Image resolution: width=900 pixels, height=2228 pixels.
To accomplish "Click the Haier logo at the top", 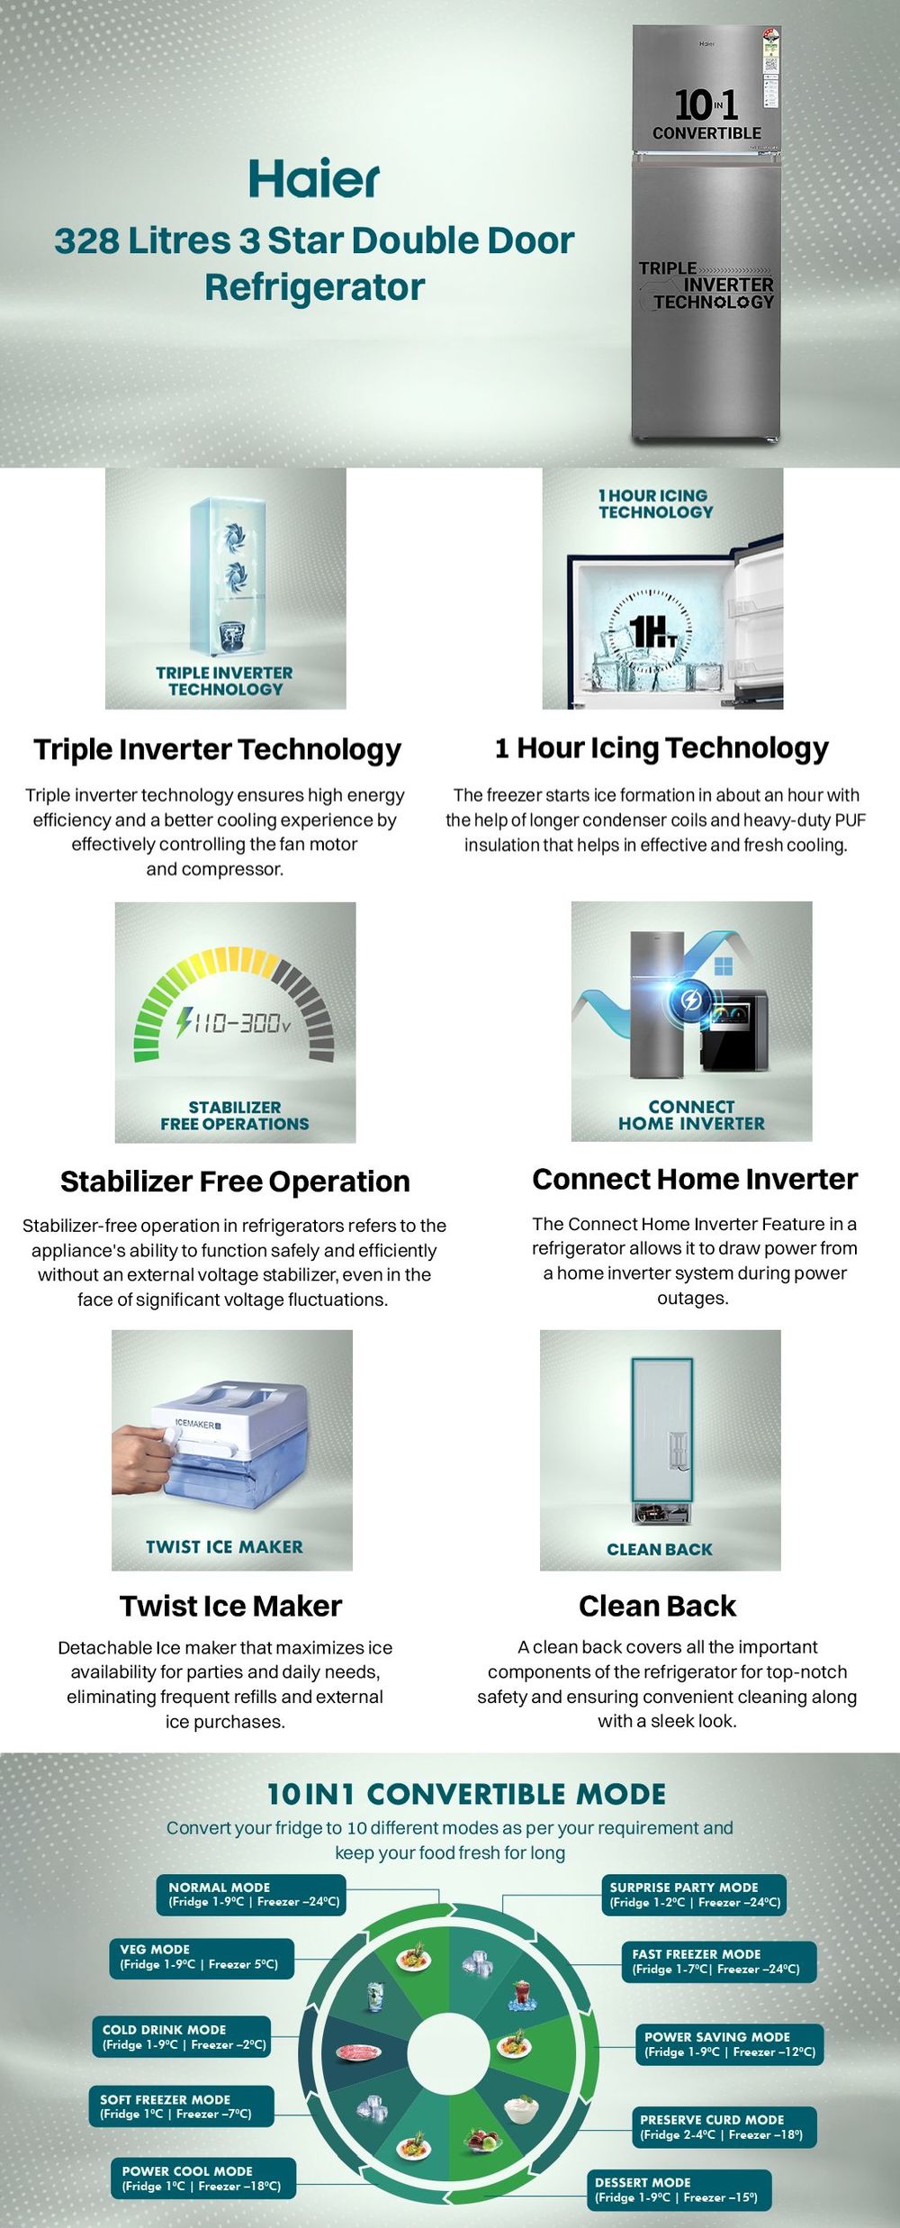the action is (x=314, y=178).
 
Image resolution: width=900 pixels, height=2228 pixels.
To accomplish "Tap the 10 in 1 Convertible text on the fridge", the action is (x=706, y=114).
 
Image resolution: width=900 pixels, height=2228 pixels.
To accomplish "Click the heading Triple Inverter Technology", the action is (x=217, y=749).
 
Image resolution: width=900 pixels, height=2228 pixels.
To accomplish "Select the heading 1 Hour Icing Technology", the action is (x=661, y=747).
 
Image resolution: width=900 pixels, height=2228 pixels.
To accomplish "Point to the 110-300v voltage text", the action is (x=233, y=1021).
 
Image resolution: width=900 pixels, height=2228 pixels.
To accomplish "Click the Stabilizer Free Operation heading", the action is (x=235, y=1181).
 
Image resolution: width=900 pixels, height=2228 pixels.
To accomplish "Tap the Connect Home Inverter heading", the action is (x=695, y=1179).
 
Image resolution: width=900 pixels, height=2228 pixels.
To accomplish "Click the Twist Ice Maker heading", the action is (x=230, y=1606).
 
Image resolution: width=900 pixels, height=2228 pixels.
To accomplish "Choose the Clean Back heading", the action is (x=657, y=1606).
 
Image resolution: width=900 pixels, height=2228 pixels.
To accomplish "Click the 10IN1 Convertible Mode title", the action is (x=466, y=1794).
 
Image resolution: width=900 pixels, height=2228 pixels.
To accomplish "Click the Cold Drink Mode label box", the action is (x=181, y=2037).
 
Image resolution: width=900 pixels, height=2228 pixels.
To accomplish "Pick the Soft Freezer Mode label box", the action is (x=181, y=2106).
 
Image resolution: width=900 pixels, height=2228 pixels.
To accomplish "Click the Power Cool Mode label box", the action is (x=202, y=2178).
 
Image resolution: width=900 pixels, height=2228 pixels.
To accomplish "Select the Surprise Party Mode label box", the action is (x=694, y=1895).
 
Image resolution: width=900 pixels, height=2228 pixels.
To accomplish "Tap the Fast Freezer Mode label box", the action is (x=718, y=1962).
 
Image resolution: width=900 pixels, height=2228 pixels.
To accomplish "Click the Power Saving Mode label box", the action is (x=729, y=2044).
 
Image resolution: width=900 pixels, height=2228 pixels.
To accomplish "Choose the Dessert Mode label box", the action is (x=681, y=2190).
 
